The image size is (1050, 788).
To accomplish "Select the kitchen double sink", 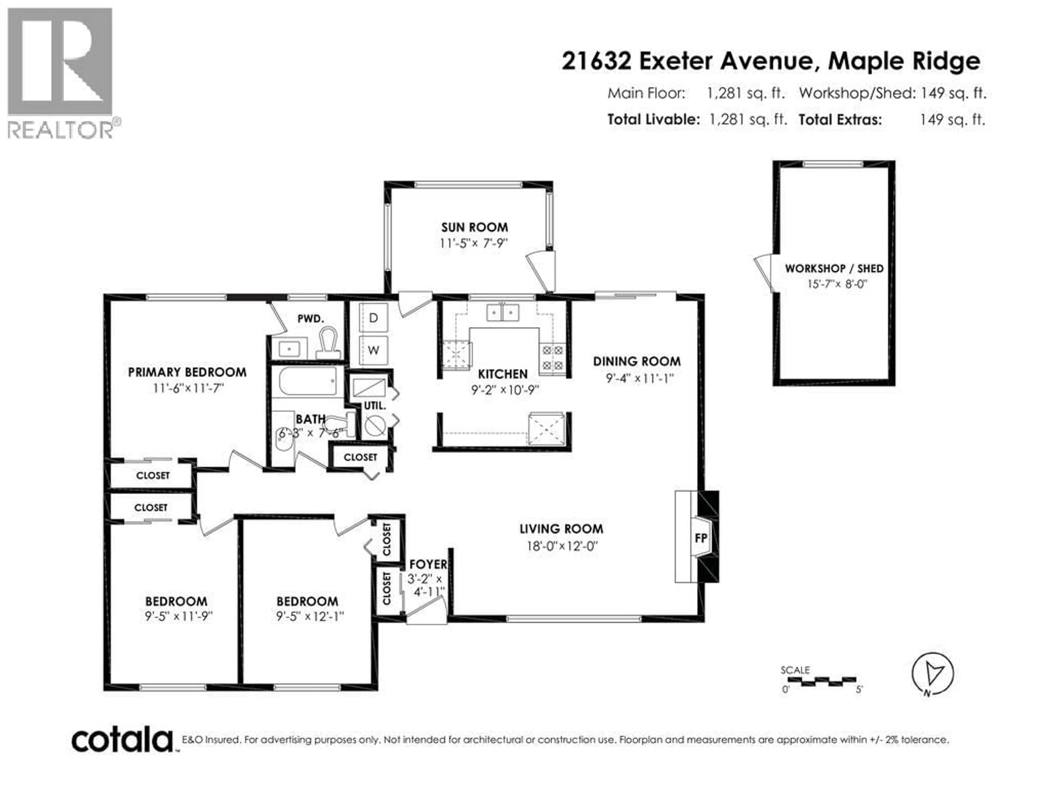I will click(x=503, y=312).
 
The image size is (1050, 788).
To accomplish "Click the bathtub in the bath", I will click(x=308, y=381).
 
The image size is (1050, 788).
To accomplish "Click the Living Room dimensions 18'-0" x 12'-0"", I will click(x=562, y=546).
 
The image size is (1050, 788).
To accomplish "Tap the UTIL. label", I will click(x=375, y=406).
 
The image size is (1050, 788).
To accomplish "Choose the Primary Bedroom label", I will click(x=187, y=372).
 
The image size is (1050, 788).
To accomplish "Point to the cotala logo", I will click(x=122, y=740).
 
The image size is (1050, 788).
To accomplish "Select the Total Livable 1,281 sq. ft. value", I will click(x=748, y=120).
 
